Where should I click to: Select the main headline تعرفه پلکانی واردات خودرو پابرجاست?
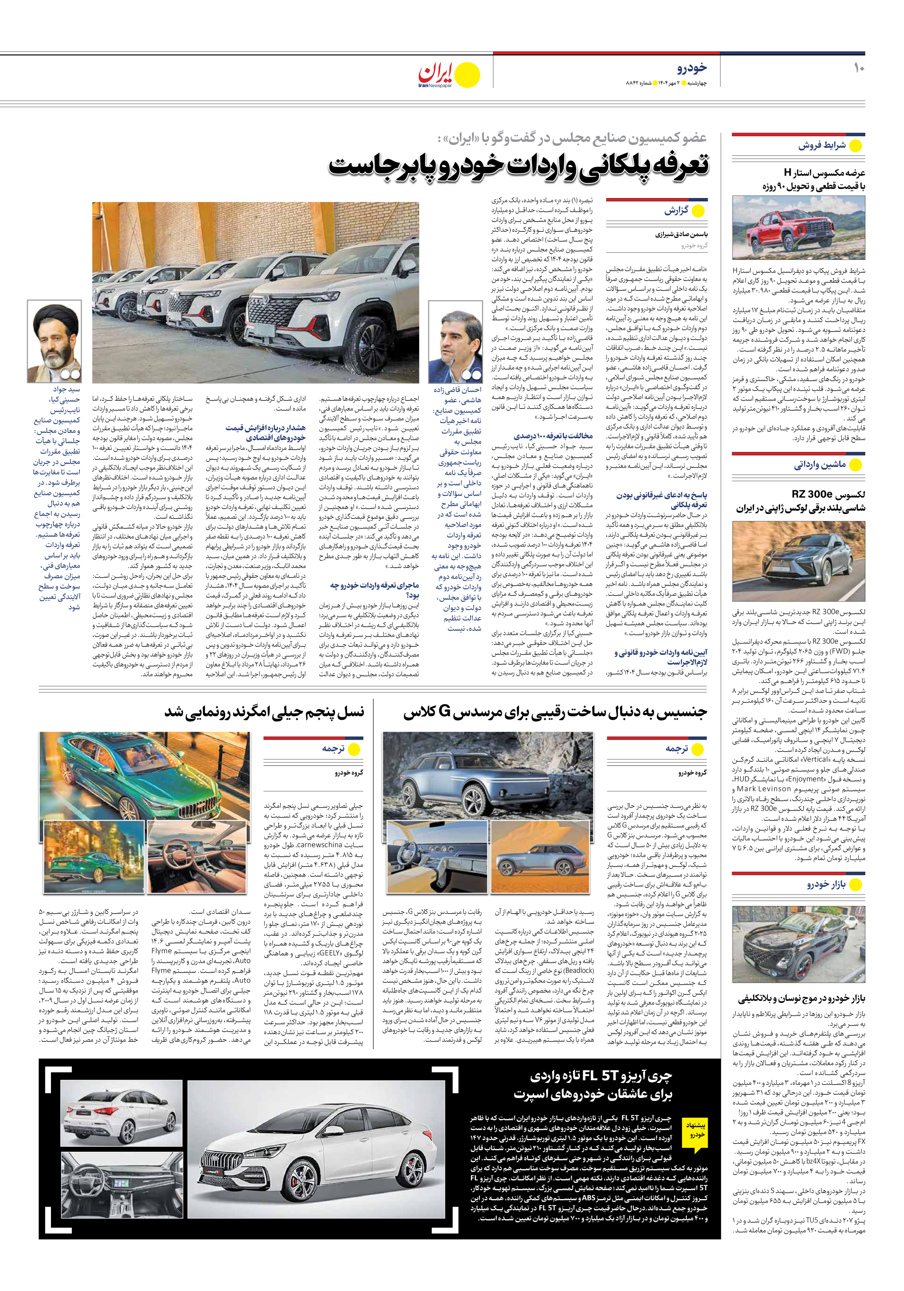point(519,166)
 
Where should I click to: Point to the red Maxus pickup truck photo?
point(798,227)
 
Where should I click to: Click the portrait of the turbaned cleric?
point(54,341)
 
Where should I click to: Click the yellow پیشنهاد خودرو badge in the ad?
point(695,1130)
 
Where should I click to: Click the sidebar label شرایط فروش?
point(821,146)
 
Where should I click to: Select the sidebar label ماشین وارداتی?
point(820,465)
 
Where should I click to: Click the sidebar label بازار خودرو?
point(826,885)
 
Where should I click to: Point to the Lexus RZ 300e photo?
point(798,561)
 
